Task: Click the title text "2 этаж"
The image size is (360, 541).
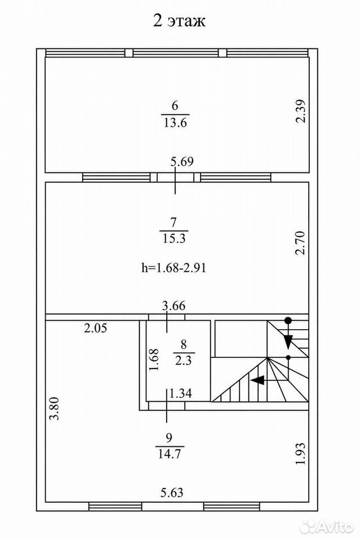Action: coord(179,21)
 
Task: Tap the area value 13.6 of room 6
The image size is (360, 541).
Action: coord(175,122)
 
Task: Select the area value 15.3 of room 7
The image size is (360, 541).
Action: coord(174,238)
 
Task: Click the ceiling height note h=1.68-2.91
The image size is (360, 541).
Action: coord(174,268)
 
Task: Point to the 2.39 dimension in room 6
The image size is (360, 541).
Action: coord(301,111)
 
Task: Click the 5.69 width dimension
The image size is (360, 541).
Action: coord(182,162)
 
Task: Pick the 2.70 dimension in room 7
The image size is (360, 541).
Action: coord(301,243)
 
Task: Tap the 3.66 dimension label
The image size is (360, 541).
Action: coord(174,305)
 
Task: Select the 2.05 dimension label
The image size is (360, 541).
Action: coord(96,328)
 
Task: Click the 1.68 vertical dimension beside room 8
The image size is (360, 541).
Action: coord(153,360)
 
